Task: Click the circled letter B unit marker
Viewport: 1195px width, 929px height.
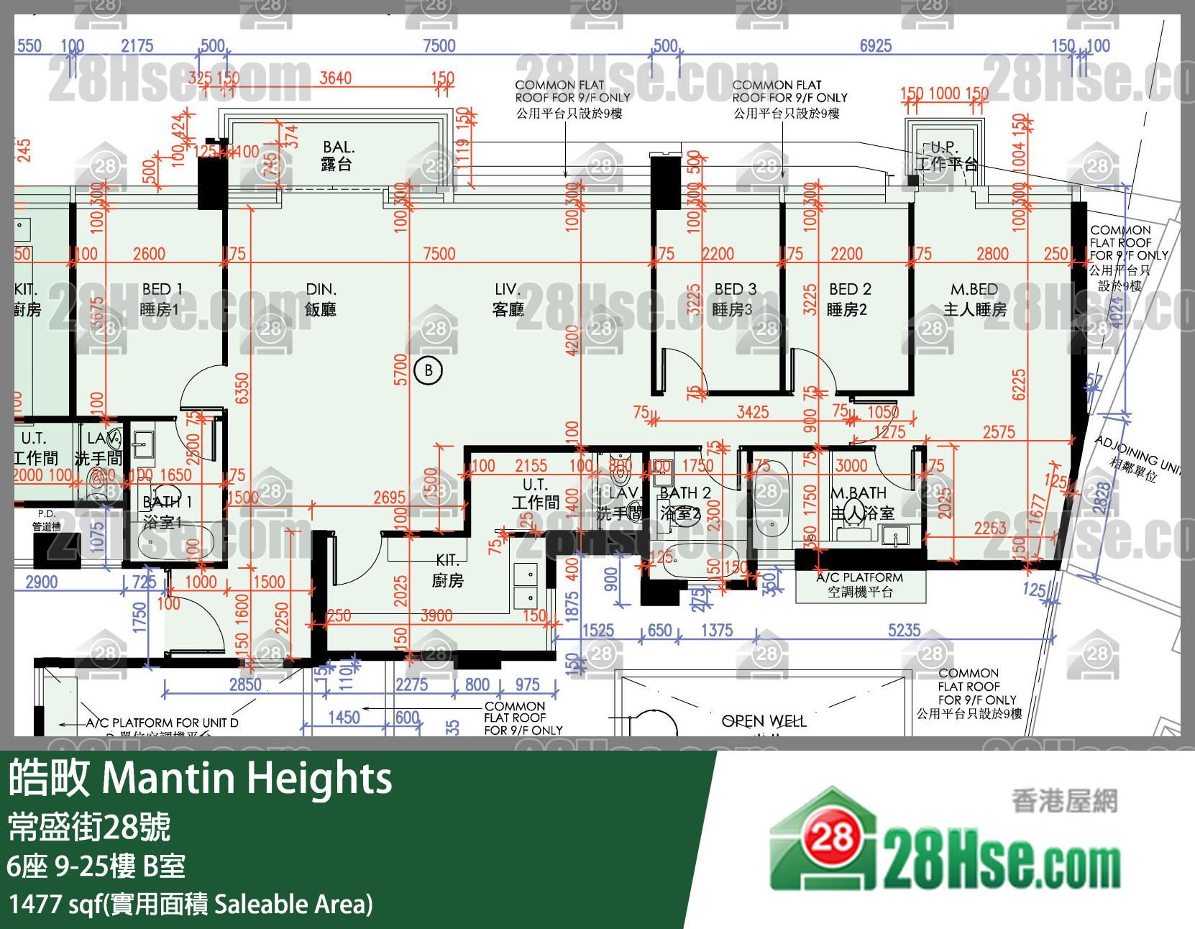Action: (429, 370)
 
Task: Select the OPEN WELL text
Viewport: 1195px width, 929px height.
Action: (764, 720)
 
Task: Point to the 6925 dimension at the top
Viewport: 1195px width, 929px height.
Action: (875, 46)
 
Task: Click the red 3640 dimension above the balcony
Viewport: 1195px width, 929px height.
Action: (336, 78)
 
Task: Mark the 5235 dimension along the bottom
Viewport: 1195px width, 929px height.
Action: (904, 631)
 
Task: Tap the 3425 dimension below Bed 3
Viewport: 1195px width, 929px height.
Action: (753, 412)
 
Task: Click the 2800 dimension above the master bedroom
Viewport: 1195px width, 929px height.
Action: (992, 254)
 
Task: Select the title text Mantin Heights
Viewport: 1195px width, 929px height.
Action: (247, 778)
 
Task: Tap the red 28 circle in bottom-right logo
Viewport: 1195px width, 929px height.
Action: (832, 837)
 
